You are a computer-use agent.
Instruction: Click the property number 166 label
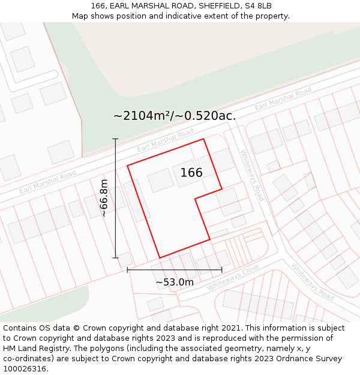pyautogui.click(x=191, y=173)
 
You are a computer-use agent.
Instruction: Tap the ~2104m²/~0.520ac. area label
pyautogui.click(x=175, y=116)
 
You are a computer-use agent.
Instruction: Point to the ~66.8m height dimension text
pyautogui.click(x=104, y=198)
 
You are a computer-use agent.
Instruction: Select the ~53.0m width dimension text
pyautogui.click(x=175, y=282)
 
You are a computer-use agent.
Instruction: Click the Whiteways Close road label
pyautogui.click(x=233, y=277)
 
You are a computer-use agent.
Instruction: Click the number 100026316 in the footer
pyautogui.click(x=25, y=369)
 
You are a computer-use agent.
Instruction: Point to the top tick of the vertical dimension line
pyautogui.click(x=115, y=139)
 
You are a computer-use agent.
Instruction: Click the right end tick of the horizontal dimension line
pyautogui.click(x=222, y=270)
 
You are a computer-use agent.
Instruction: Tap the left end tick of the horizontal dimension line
pyautogui.click(x=128, y=270)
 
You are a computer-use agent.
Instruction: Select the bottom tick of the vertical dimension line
pyautogui.click(x=115, y=258)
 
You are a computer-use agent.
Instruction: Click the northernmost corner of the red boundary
pyautogui.click(x=203, y=139)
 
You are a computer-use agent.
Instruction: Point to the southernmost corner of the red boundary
pyautogui.click(x=159, y=258)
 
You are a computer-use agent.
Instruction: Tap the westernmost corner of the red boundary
pyautogui.click(x=127, y=165)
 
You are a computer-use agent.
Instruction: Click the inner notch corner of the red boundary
pyautogui.click(x=195, y=199)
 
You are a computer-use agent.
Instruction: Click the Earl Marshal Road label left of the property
pyautogui.click(x=47, y=182)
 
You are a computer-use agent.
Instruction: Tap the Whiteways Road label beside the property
pyautogui.click(x=252, y=175)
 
